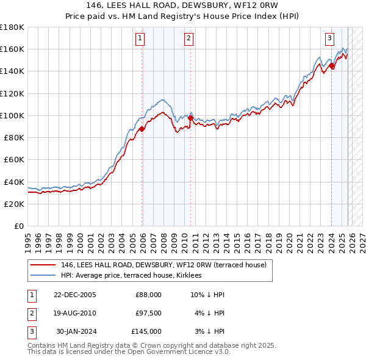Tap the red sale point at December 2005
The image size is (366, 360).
point(142,129)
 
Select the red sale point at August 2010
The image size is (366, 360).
point(190,118)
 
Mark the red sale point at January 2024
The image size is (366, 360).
point(331,65)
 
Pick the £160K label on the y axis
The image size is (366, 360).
point(12,49)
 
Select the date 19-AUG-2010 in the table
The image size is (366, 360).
point(74,313)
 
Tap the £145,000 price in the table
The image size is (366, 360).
point(146,331)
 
